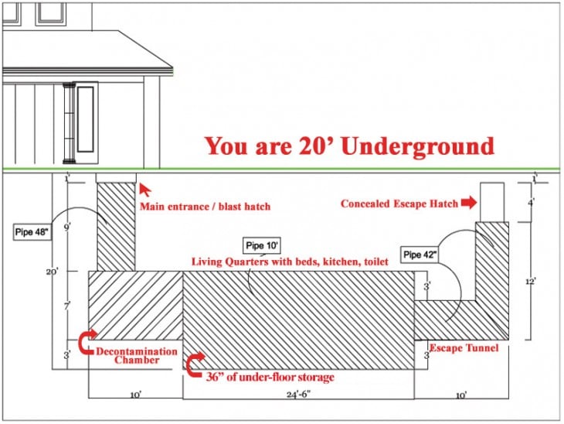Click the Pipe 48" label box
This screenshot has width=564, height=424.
click(x=32, y=232)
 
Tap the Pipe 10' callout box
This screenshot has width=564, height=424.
click(x=261, y=246)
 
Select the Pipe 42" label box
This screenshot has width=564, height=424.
click(x=420, y=255)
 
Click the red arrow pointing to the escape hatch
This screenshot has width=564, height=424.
click(x=469, y=203)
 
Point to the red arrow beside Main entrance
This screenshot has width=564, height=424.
click(x=144, y=190)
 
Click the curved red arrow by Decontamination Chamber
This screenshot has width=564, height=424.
click(x=87, y=341)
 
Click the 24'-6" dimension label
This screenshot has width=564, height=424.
click(x=298, y=395)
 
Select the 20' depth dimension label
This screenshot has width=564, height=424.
click(x=52, y=272)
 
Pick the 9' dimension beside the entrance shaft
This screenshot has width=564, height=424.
click(x=67, y=227)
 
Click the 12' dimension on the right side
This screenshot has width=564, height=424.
click(x=531, y=282)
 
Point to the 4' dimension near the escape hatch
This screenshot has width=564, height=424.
click(x=531, y=203)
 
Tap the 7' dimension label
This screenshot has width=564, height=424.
click(x=67, y=306)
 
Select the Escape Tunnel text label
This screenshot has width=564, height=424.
click(x=464, y=347)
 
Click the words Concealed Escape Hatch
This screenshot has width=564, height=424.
click(x=399, y=203)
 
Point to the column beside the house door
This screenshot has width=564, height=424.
click(x=69, y=123)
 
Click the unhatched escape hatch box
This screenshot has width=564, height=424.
click(x=492, y=203)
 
